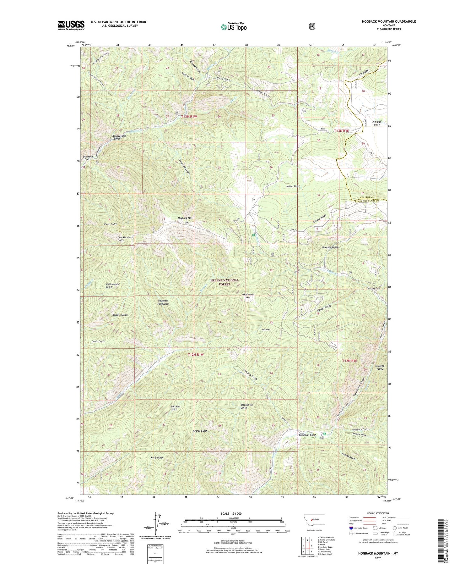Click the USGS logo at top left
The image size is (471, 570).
pyautogui.click(x=71, y=25)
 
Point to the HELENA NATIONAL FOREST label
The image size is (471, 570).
pyautogui.click(x=225, y=282)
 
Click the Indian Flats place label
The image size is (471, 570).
pyautogui.click(x=293, y=186)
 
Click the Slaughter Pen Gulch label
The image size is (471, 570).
pyautogui.click(x=163, y=302)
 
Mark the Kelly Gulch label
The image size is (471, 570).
pyautogui.click(x=157, y=458)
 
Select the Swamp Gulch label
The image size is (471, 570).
pyautogui.click(x=349, y=456)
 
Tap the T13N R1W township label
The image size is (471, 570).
pyautogui.click(x=189, y=117)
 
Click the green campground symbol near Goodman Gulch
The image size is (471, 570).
pyautogui.click(x=325, y=434)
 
